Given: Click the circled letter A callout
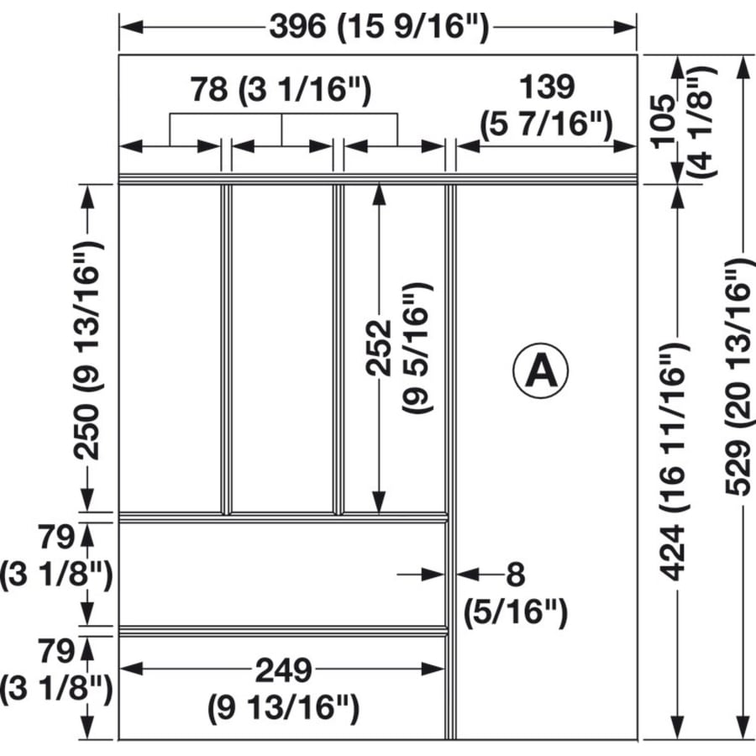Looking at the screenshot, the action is [x=540, y=370].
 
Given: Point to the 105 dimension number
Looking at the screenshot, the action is [x=664, y=120].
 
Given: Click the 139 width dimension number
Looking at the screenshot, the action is [x=547, y=87].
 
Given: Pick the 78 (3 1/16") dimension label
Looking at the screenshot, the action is [x=280, y=90].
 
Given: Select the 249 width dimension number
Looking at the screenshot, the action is [x=283, y=670].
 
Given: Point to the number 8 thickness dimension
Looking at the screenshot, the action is [x=516, y=575].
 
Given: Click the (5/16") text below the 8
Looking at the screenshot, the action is [x=516, y=612].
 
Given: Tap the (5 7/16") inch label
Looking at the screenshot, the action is [x=546, y=125].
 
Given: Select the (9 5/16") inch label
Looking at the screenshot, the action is [x=417, y=348].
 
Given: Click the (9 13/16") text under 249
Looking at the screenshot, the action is [x=284, y=708].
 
